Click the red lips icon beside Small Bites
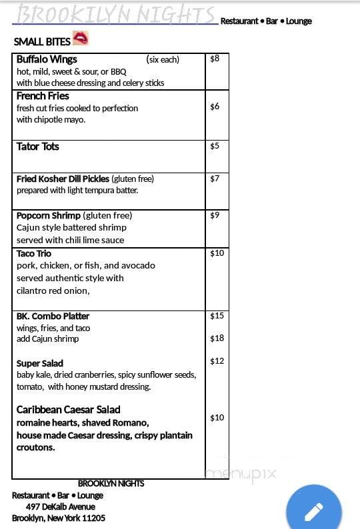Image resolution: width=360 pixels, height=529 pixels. click(x=80, y=38)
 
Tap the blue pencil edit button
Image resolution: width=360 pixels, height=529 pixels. click(x=314, y=511)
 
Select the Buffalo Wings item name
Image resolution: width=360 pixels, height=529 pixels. click(x=47, y=59)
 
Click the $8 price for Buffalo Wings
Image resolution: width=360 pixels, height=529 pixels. click(x=215, y=59)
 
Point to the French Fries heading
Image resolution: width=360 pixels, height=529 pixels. click(x=43, y=96)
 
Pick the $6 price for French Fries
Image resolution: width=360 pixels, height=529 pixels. click(x=215, y=107)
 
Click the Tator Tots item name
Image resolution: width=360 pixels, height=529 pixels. click(x=38, y=147)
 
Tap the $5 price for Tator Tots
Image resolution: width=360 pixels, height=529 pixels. click(x=215, y=146)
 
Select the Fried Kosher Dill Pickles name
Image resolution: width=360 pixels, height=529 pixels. click(x=63, y=179)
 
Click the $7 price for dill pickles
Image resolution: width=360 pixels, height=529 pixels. click(x=215, y=179)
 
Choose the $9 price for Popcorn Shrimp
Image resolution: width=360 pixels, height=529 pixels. click(x=215, y=215)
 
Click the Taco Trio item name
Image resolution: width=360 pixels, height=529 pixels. click(x=34, y=254)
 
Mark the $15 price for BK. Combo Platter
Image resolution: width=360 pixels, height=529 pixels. click(x=217, y=316)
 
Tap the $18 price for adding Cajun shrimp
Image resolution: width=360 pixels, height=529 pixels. click(x=217, y=338)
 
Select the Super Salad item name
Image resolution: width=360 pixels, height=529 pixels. click(x=40, y=363)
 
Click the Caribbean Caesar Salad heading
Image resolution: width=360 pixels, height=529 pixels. click(x=68, y=410)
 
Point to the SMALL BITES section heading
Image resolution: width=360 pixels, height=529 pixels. click(x=42, y=42)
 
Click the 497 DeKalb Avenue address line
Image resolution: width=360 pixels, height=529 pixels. click(x=60, y=507)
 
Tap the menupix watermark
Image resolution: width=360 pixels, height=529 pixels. click(x=240, y=474)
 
